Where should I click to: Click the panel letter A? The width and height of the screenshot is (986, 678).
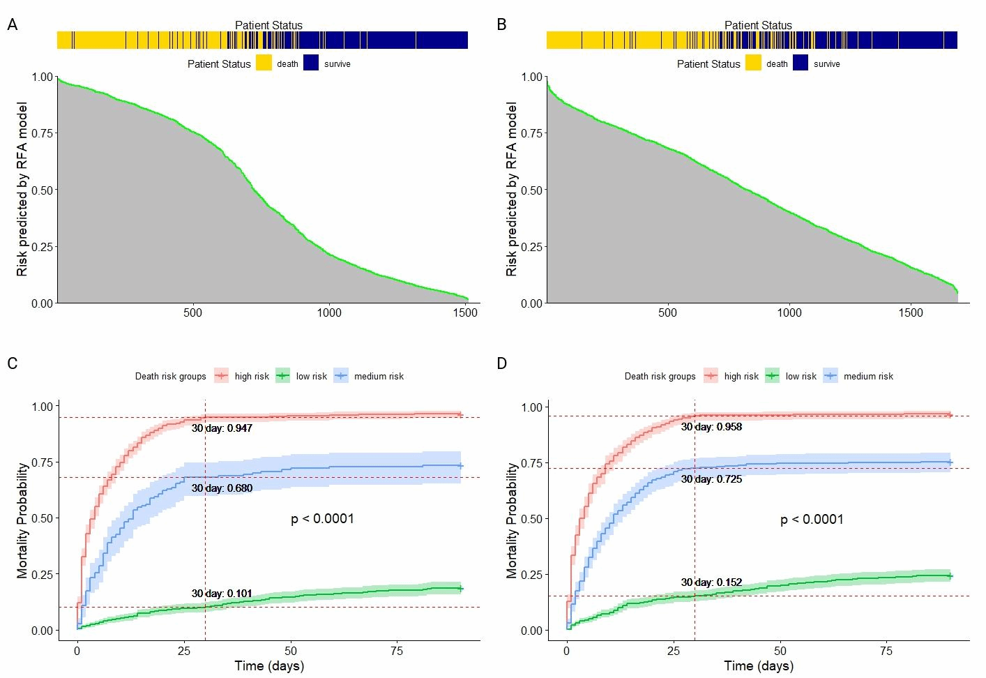[12, 25]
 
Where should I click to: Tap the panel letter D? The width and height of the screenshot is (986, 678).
[501, 364]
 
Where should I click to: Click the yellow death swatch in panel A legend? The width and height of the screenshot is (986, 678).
[264, 63]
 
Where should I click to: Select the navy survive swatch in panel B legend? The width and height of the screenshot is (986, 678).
[801, 63]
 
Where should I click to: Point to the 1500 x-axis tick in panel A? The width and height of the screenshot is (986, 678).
[465, 312]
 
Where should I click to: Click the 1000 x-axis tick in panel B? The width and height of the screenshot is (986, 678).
[789, 312]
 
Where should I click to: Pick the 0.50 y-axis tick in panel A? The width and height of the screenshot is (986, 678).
[43, 190]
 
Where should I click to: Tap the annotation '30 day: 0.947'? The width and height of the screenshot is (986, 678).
[222, 428]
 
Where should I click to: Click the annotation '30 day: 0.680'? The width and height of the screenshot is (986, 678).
[222, 488]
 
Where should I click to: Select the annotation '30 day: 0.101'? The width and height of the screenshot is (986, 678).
[222, 594]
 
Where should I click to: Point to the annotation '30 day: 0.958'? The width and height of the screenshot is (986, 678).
[711, 427]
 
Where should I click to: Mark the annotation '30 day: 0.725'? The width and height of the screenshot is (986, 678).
[711, 479]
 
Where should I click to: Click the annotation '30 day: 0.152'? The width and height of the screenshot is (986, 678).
[711, 582]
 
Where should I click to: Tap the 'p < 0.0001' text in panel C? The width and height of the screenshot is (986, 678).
[322, 519]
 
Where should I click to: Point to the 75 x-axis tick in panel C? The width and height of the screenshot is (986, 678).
[397, 651]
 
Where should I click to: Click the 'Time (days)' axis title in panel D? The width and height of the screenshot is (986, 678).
[759, 665]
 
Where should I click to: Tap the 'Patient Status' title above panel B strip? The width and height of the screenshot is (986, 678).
[758, 25]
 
